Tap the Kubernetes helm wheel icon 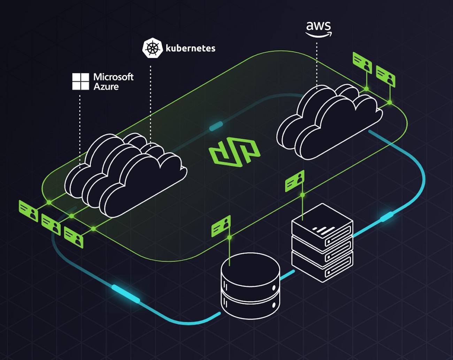(x=153, y=48)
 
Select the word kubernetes (x=190, y=48)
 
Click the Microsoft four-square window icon (x=80, y=82)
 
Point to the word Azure (x=106, y=86)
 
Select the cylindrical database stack (x=250, y=285)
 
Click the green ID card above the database (x=221, y=226)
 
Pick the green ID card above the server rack (x=294, y=181)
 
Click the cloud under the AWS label (x=329, y=120)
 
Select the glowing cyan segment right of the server (x=387, y=217)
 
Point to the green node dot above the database (x=229, y=237)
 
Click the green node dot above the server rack (x=302, y=195)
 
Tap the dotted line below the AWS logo (x=316, y=63)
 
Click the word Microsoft (x=113, y=77)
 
